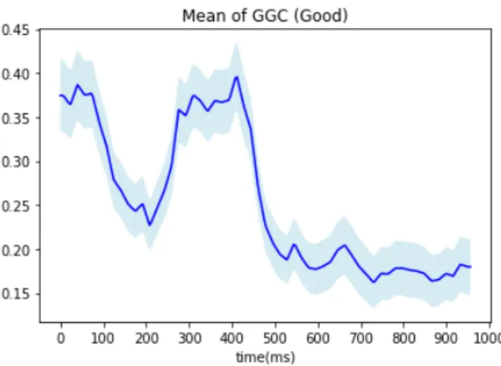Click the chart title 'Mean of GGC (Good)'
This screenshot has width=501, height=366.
pos(265,15)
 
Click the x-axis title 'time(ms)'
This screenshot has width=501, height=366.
pos(265,357)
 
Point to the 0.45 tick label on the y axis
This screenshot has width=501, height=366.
pos(16,30)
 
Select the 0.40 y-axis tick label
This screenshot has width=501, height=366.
pos(16,74)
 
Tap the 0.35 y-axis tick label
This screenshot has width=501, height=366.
pos(16,118)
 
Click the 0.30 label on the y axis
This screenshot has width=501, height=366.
pos(16,162)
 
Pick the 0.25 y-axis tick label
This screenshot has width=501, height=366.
pos(16,206)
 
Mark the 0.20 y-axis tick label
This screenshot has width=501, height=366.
pos(16,250)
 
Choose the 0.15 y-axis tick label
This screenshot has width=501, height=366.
pos(16,294)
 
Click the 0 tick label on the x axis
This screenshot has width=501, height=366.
pos(61,338)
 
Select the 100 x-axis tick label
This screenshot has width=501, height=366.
pos(104,338)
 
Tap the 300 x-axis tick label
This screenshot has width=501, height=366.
pos(189,338)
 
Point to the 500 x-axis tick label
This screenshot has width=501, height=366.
pos(275,338)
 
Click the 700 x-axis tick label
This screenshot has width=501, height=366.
pos(361,338)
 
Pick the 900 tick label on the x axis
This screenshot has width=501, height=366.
pos(447,338)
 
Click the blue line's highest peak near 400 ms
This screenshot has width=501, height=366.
pos(237,76)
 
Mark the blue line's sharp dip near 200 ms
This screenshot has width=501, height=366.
pos(150,225)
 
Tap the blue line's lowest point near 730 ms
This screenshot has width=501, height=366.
pos(374,282)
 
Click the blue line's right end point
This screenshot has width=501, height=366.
pos(471,267)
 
